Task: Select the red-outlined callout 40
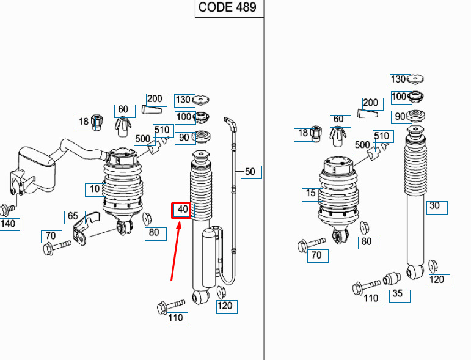pos(182,210)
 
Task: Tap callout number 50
pos(250,172)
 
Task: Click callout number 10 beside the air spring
pos(94,189)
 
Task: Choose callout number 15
pos(311,194)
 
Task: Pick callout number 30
pos(434,207)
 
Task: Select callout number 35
pos(398,295)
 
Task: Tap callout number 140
pos(8,224)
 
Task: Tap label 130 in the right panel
pos(398,79)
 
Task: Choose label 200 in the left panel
pos(154,98)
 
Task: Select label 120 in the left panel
pos(225,306)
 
